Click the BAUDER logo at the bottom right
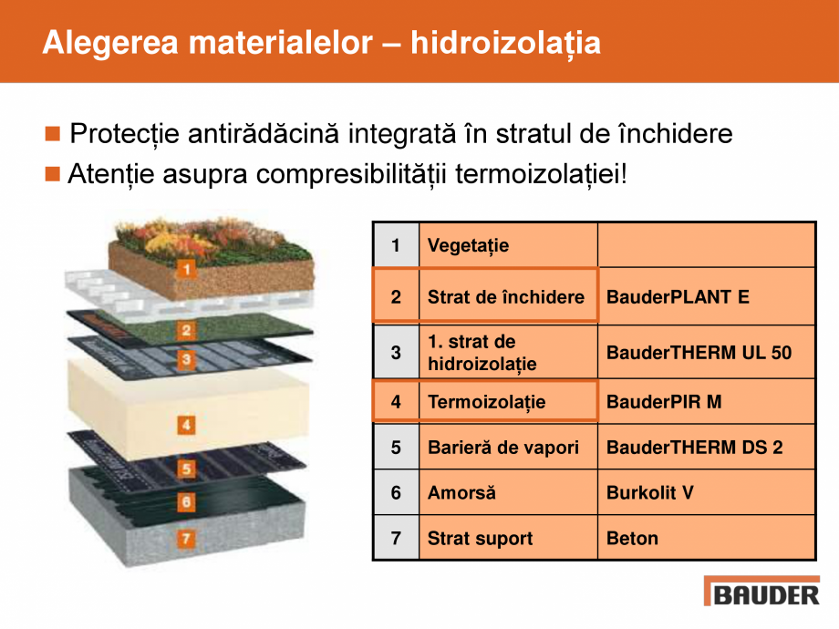pyautogui.click(x=761, y=593)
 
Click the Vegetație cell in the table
pyautogui.click(x=508, y=245)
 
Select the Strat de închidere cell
pyautogui.click(x=508, y=297)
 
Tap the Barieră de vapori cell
pyautogui.click(x=508, y=448)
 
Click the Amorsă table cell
pyautogui.click(x=508, y=493)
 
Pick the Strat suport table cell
pyautogui.click(x=508, y=538)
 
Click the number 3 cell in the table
pyautogui.click(x=396, y=353)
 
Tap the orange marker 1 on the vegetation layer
pyautogui.click(x=186, y=269)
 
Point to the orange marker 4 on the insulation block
pyautogui.click(x=186, y=425)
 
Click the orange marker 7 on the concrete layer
pyautogui.click(x=186, y=539)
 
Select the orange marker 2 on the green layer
pyautogui.click(x=186, y=331)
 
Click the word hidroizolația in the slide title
pyautogui.click(x=505, y=42)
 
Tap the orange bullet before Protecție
pyautogui.click(x=52, y=135)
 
